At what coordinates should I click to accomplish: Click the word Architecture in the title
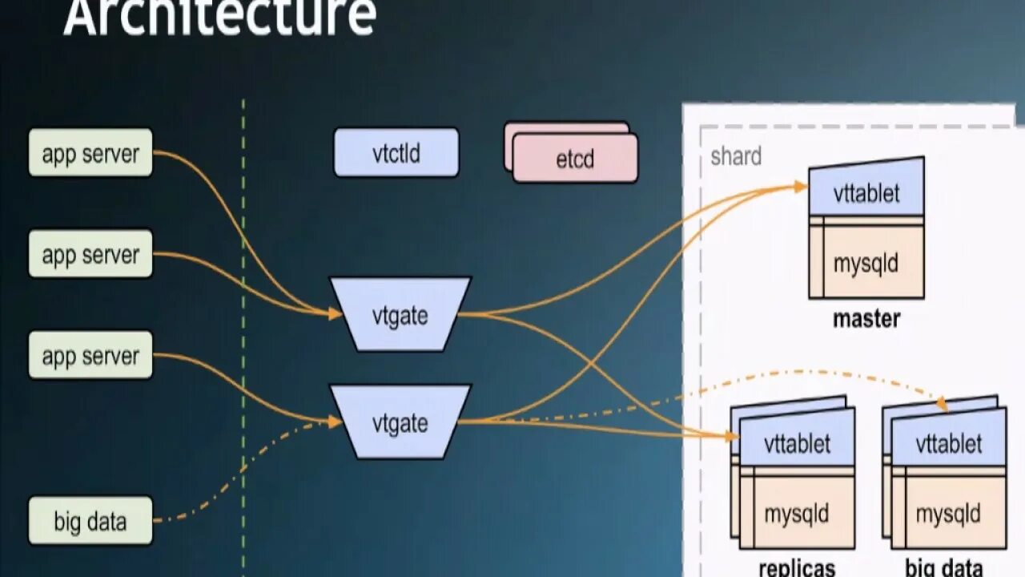coord(219,16)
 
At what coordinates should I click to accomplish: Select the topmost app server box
coord(90,153)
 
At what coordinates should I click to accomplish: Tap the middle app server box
coord(90,254)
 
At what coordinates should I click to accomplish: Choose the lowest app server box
coord(90,355)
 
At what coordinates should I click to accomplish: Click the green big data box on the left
coord(90,522)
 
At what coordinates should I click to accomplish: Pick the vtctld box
coord(396,152)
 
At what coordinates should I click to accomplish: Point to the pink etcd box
coord(575,159)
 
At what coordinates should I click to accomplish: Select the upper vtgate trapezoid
coord(400,314)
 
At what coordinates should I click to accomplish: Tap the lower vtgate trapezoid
coord(400,422)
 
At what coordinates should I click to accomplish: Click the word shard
coord(736,156)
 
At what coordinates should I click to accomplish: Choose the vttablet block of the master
coord(866,192)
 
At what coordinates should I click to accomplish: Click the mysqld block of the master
coord(866,263)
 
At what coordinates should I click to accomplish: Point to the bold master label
coord(866,319)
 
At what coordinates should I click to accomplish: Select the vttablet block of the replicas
coord(798,442)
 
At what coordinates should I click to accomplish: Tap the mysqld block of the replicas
coord(797,513)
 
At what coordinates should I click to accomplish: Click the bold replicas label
coord(797,568)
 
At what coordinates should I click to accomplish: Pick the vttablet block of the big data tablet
coord(949,442)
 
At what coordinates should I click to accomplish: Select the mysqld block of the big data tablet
coord(949,513)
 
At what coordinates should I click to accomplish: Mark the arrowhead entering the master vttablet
coord(801,187)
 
